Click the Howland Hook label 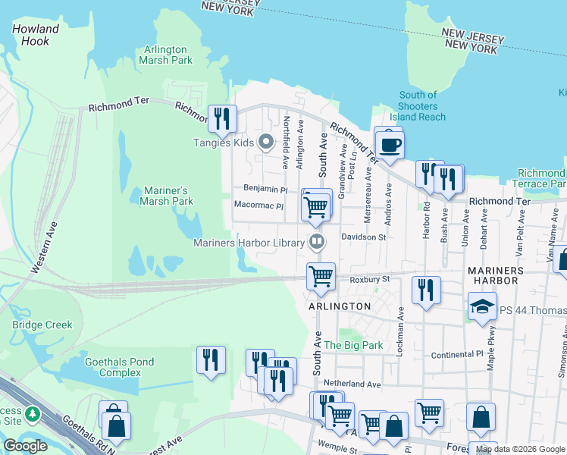[36, 35]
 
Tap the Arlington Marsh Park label [166, 55]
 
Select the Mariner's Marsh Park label [167, 196]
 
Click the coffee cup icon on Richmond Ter [390, 146]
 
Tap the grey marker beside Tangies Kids [265, 142]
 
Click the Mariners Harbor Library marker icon [317, 243]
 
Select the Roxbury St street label [369, 279]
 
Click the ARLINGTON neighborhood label [340, 306]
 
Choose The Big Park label [353, 345]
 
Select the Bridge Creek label [42, 325]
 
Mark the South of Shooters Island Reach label [418, 106]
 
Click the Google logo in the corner [25, 446]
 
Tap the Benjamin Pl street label [265, 188]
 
